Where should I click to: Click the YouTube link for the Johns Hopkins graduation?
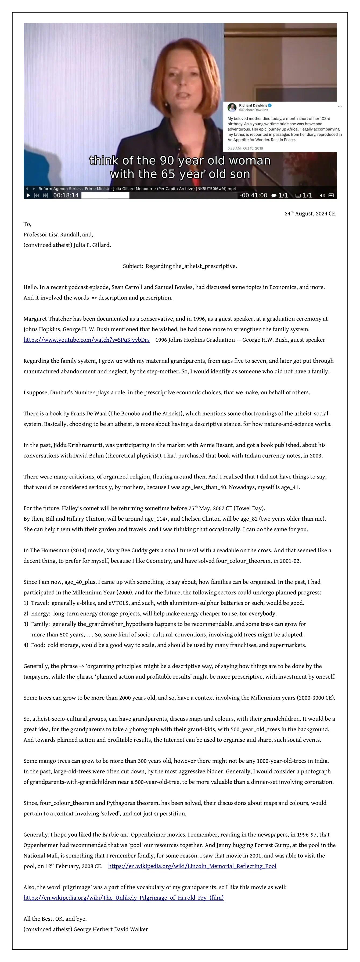[86, 340]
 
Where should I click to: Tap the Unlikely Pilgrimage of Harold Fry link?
[123, 898]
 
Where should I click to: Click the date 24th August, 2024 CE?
[310, 214]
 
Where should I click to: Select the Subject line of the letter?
[180, 266]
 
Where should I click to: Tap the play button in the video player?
[28, 195]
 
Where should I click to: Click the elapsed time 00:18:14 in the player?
[66, 195]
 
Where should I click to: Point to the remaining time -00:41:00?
[254, 195]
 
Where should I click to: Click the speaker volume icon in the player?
[322, 195]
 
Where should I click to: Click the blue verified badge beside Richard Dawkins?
[270, 105]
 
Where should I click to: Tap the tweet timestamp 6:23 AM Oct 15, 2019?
[245, 148]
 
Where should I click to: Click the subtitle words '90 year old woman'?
[215, 161]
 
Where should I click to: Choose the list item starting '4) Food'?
[164, 645]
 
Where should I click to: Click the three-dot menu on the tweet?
[340, 106]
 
